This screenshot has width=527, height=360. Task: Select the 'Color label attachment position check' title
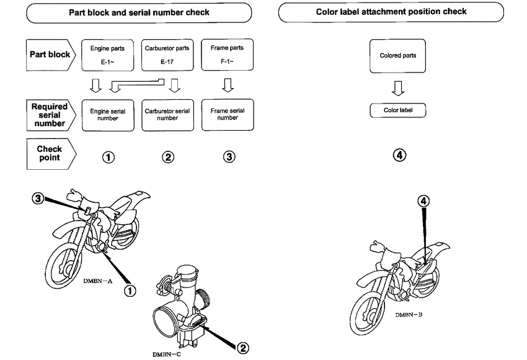point(399,11)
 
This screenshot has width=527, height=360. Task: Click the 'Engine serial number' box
point(107,115)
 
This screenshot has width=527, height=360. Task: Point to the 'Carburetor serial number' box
point(167,115)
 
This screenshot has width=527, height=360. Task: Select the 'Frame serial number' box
point(228,115)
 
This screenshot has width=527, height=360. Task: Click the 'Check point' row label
point(49,153)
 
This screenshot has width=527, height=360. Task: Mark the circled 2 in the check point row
point(167,157)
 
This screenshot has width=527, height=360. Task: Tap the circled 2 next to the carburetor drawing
point(242,348)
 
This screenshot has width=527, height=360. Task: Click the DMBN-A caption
point(98,280)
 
